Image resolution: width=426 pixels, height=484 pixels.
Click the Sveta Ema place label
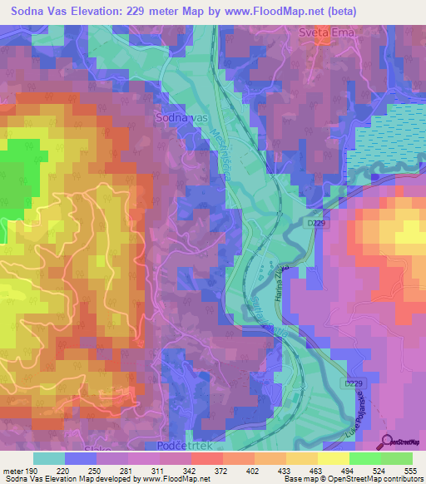321,32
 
